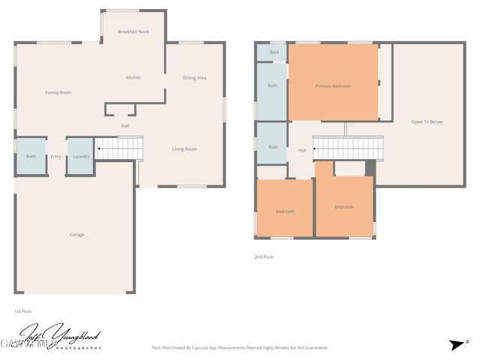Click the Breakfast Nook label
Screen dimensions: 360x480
pyautogui.click(x=133, y=32)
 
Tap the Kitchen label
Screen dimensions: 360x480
pyautogui.click(x=133, y=77)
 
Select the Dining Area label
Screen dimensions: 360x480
pyautogui.click(x=194, y=78)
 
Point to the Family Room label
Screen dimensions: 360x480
pyautogui.click(x=58, y=92)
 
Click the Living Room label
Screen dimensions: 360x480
pyautogui.click(x=184, y=149)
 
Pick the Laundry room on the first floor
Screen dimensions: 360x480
pyautogui.click(x=81, y=156)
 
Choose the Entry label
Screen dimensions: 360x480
pyautogui.click(x=56, y=156)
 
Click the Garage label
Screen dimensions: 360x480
pyautogui.click(x=76, y=235)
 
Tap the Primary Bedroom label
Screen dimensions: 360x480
pyautogui.click(x=333, y=86)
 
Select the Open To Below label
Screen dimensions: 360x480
pyautogui.click(x=427, y=121)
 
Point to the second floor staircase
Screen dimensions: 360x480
pyautogui.click(x=347, y=148)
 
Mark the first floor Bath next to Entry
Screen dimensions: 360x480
pyautogui.click(x=31, y=156)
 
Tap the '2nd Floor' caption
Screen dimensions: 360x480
pyautogui.click(x=264, y=256)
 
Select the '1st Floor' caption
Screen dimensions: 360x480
pyautogui.click(x=23, y=310)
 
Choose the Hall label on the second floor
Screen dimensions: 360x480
pyautogui.click(x=302, y=151)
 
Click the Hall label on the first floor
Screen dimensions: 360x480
pyautogui.click(x=125, y=125)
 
